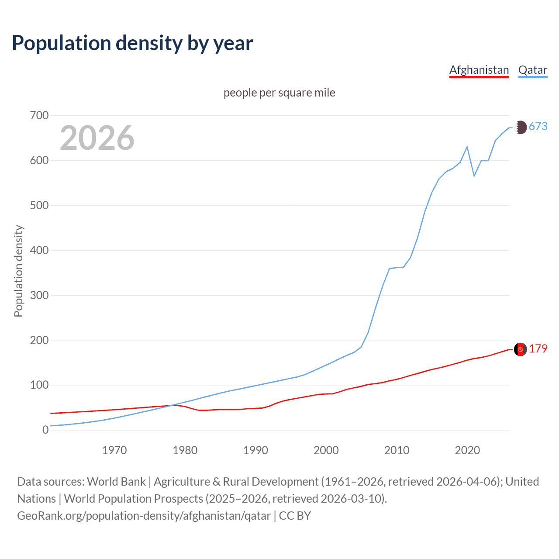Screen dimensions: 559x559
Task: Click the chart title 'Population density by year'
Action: tap(132, 43)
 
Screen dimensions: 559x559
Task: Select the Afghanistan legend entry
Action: tap(479, 70)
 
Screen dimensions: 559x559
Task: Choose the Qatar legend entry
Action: tap(532, 70)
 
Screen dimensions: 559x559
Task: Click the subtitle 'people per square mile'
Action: tap(279, 93)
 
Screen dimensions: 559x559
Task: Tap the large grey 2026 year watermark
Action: tap(97, 138)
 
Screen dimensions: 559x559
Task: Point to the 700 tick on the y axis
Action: tap(39, 116)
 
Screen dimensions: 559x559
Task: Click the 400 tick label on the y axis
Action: tap(39, 250)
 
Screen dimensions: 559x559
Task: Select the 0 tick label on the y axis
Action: tap(45, 430)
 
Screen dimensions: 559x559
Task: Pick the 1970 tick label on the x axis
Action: tap(114, 450)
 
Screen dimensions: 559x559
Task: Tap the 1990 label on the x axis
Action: tap(255, 450)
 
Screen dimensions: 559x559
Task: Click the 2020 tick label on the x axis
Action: tap(467, 450)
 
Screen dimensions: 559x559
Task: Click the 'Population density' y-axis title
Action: tap(18, 271)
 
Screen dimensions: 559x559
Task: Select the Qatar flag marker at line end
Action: tap(520, 127)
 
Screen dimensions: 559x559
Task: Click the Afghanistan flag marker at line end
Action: tap(520, 349)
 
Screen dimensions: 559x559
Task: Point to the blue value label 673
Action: tap(538, 126)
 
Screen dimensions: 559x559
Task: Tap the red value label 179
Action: tap(538, 349)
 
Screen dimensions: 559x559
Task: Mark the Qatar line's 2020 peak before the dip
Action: tap(467, 147)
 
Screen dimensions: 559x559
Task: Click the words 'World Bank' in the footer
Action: tap(116, 482)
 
